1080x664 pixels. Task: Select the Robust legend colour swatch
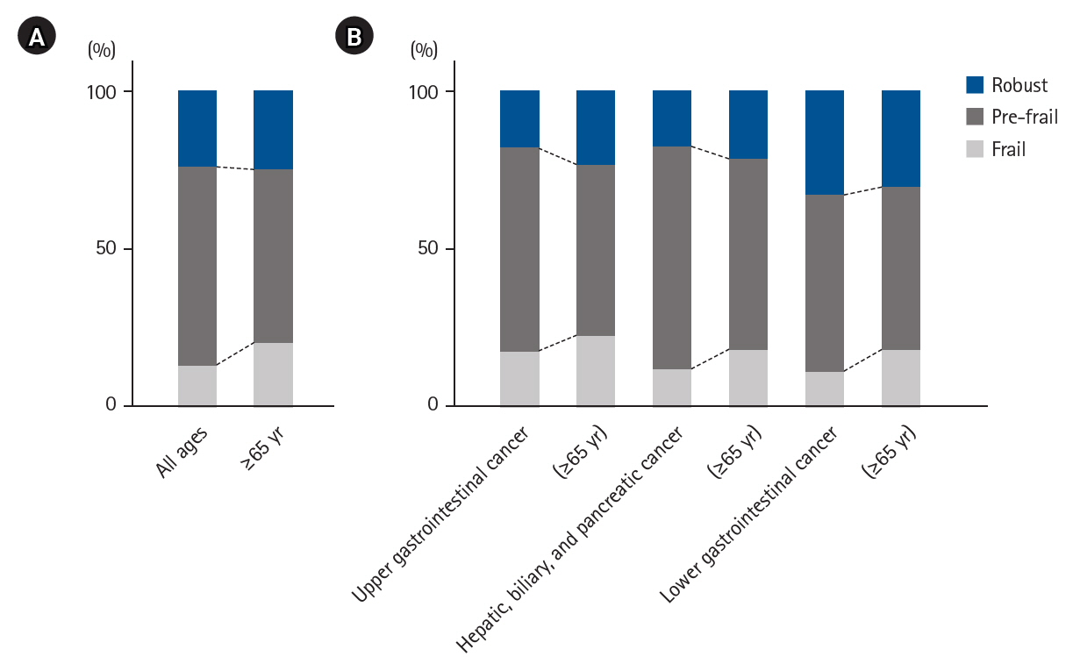click(975, 85)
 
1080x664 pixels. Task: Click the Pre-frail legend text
click(1025, 117)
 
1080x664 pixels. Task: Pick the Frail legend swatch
click(975, 149)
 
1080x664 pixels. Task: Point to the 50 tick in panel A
click(106, 249)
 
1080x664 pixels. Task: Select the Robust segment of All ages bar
click(197, 128)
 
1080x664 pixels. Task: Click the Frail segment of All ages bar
click(197, 386)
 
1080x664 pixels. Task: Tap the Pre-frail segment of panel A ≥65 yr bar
click(273, 256)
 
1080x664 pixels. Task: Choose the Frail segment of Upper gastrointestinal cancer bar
click(519, 379)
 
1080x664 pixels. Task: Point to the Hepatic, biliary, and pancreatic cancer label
click(571, 541)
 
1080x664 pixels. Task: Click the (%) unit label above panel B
click(425, 50)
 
